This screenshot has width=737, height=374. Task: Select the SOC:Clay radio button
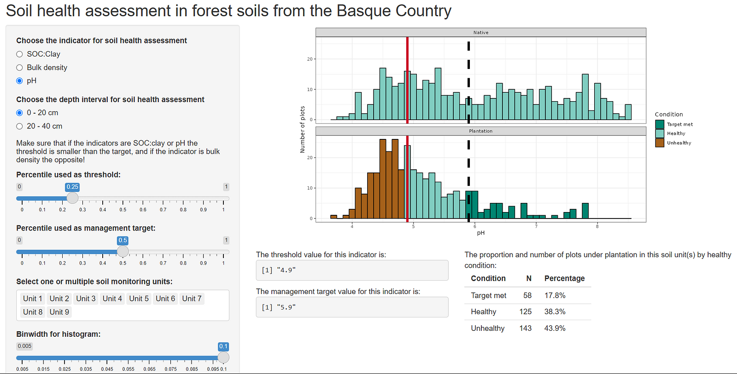(19, 54)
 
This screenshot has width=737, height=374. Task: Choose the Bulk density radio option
(19, 68)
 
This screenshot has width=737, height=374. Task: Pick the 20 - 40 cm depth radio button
(19, 126)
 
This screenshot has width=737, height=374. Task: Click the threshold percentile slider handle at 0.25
(72, 198)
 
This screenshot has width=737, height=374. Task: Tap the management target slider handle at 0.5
(123, 252)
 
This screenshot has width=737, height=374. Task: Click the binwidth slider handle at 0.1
(223, 357)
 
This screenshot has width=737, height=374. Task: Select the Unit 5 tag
(139, 299)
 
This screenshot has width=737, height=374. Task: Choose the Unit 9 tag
(59, 312)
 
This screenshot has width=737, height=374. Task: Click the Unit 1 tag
(33, 299)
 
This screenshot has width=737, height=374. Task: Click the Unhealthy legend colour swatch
(660, 143)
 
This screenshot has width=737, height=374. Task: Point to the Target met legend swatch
(660, 124)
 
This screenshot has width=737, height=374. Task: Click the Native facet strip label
(481, 33)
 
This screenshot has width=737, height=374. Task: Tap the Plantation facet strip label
(481, 131)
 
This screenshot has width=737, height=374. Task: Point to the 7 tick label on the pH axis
(536, 226)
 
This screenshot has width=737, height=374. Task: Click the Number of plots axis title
(302, 129)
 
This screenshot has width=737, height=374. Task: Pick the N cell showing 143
(526, 328)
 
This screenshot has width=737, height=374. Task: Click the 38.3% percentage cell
(555, 311)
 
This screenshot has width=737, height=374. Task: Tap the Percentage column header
(565, 278)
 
